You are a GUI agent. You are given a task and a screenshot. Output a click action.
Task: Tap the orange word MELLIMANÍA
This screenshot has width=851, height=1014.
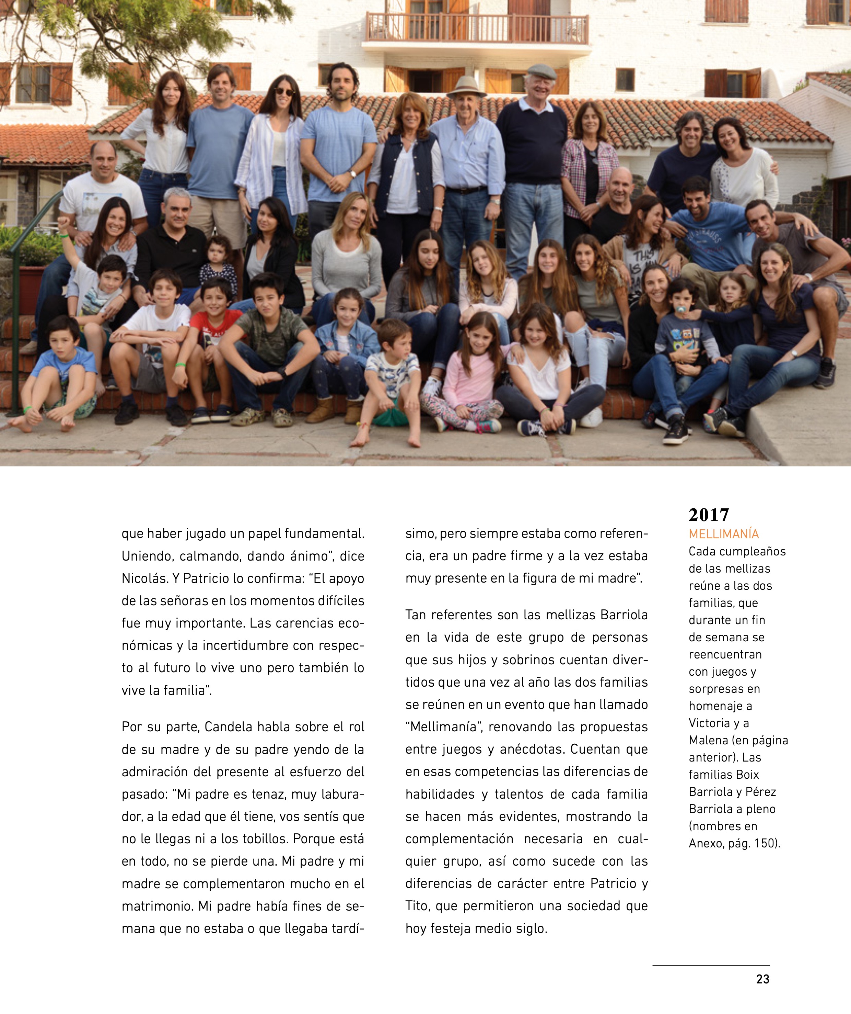pos(724,534)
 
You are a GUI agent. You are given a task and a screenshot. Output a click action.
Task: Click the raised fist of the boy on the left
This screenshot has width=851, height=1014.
pos(64,223)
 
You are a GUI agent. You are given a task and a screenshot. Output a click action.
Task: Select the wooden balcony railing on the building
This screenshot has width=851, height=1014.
pos(477,28)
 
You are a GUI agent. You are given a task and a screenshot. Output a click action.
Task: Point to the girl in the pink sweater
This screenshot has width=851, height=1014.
pos(472,372)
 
